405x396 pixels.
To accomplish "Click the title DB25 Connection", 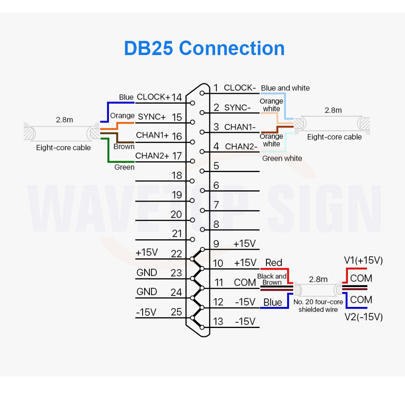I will [204, 48].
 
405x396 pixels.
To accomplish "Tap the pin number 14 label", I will [176, 97].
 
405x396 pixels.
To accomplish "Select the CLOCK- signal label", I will [240, 87].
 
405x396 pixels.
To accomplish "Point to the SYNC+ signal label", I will [151, 117].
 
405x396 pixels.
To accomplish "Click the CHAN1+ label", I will [152, 135].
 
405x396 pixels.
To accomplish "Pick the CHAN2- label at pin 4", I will [241, 146].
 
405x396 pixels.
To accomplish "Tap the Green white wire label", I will [282, 158].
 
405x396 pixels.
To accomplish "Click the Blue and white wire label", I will [285, 88].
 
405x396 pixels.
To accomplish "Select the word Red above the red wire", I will [273, 263].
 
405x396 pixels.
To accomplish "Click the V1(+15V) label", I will [363, 260].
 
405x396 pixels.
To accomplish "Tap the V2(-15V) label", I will [363, 317].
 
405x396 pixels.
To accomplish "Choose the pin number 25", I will [177, 312].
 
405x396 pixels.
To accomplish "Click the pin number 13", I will [218, 321].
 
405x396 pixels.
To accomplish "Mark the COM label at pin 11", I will [245, 282].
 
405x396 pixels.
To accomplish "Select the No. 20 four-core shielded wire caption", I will [318, 306].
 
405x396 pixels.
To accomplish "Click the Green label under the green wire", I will [124, 167].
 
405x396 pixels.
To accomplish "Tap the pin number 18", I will [177, 176].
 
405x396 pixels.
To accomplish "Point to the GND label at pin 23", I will [147, 273].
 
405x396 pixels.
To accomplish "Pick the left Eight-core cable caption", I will [63, 147].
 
